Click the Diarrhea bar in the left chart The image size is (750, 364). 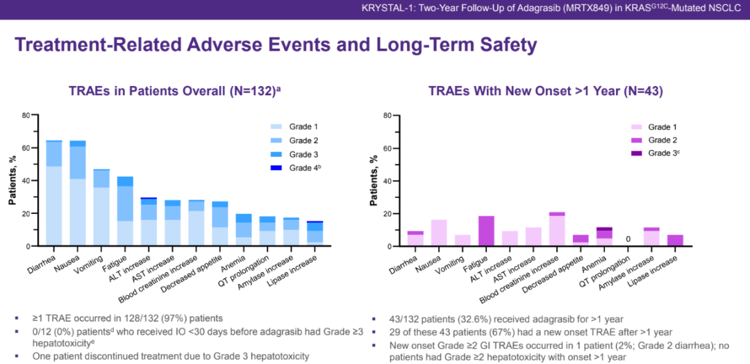(53, 195)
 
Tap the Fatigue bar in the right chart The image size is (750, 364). (486, 231)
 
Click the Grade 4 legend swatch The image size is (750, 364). (276, 167)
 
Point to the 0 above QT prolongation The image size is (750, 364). (628, 240)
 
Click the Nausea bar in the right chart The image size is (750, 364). (439, 233)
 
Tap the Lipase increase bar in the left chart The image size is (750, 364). (315, 233)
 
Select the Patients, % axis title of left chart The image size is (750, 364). (12, 181)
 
